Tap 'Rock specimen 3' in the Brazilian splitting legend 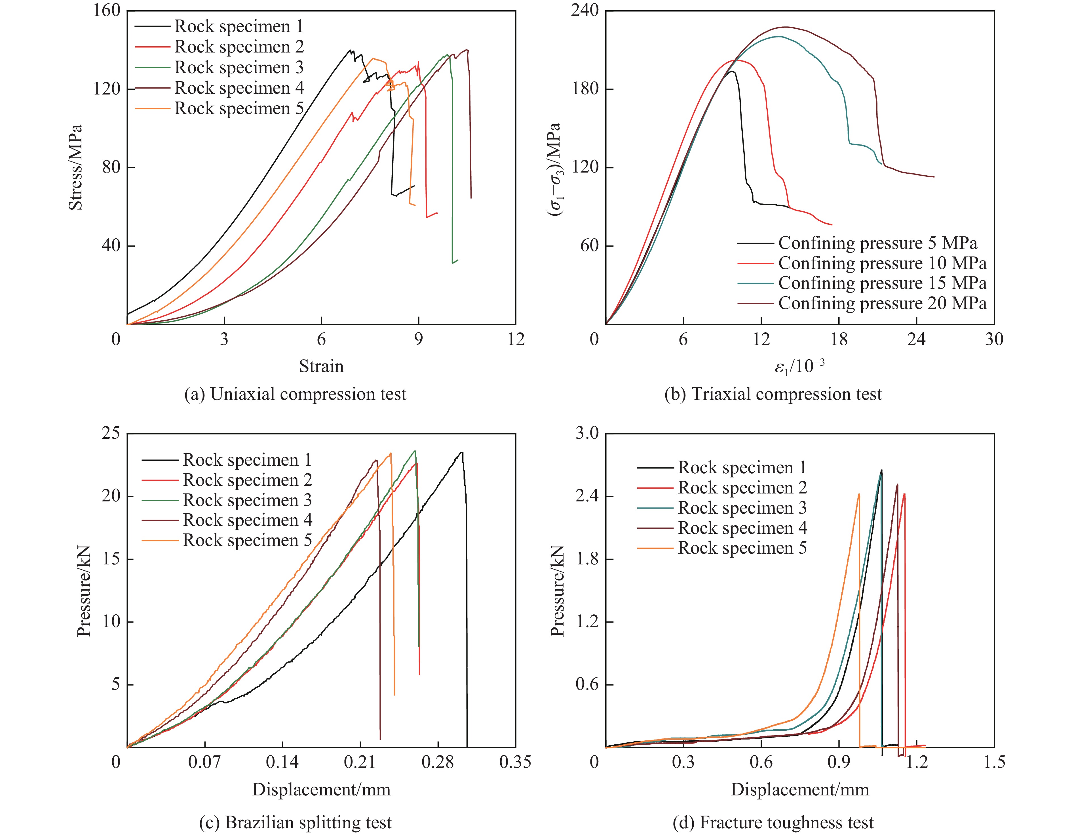(247, 500)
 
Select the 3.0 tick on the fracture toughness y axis (588, 433)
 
